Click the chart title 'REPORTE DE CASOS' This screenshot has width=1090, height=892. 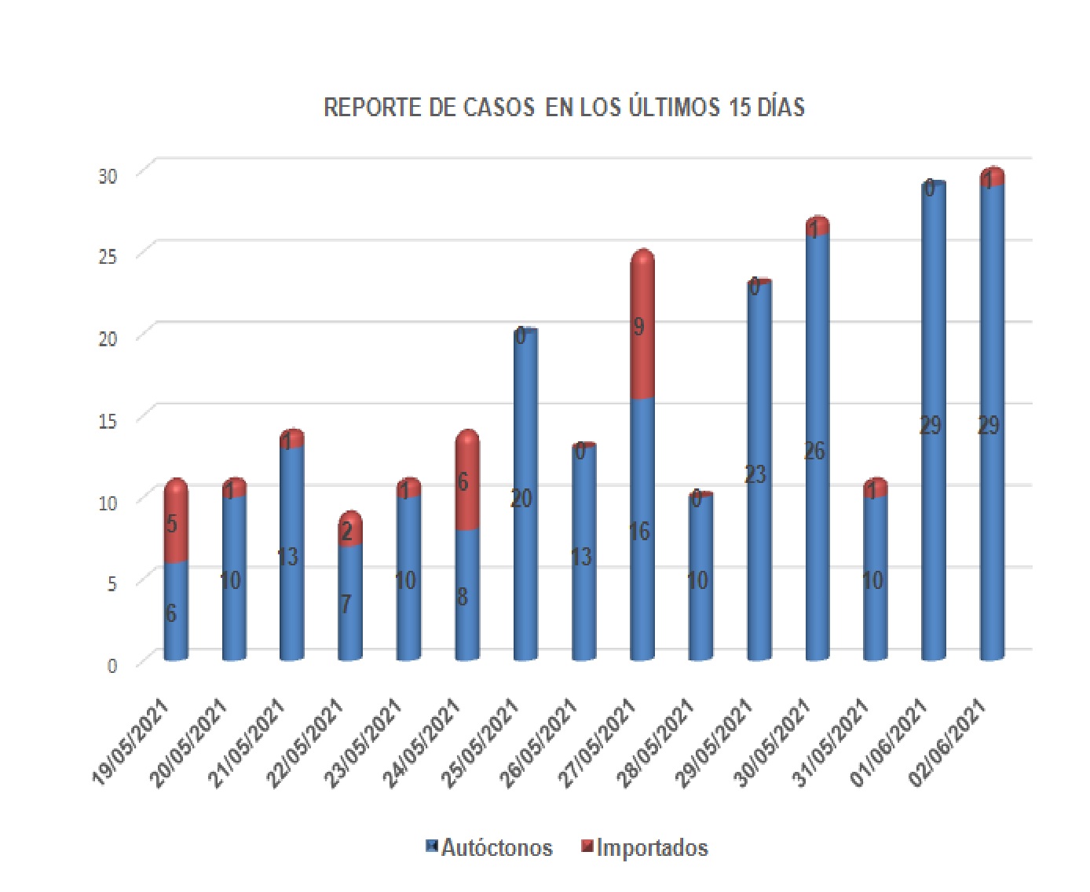[x=564, y=108]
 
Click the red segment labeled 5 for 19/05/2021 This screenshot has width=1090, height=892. [x=176, y=522]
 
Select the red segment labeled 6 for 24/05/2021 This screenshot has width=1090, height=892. [x=467, y=483]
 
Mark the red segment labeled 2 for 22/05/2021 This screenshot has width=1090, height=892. [x=350, y=531]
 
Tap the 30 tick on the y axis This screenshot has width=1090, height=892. [x=108, y=176]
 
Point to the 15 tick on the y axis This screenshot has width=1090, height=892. [x=108, y=420]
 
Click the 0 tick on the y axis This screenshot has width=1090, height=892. [x=112, y=666]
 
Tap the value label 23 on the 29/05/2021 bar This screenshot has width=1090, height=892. [x=755, y=474]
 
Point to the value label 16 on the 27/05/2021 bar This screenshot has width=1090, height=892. [x=639, y=532]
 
